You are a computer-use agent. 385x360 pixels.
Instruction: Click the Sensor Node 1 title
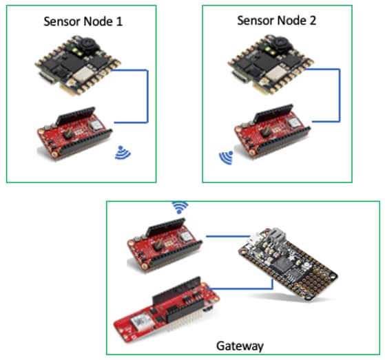[x=83, y=21]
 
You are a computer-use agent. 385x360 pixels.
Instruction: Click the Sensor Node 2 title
[x=276, y=21]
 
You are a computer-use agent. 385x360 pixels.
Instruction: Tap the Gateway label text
[x=240, y=346]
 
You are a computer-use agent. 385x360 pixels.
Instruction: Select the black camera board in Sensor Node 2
[x=271, y=64]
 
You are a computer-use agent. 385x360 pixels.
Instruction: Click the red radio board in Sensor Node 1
[x=75, y=133]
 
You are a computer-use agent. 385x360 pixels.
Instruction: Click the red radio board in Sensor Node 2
[x=272, y=131]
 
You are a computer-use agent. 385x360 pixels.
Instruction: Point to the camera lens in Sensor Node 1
[x=87, y=43]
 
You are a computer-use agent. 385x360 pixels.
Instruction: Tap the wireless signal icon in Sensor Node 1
[x=123, y=153]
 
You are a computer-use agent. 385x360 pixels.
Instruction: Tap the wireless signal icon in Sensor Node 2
[x=226, y=158]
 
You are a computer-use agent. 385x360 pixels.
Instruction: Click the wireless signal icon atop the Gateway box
[x=180, y=207]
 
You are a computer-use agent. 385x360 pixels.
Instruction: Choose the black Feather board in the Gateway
[x=288, y=264]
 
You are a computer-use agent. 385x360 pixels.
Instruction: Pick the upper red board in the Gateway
[x=165, y=246]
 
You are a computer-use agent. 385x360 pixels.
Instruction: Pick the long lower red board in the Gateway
[x=167, y=311]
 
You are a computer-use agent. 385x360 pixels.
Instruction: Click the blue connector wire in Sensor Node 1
[x=147, y=96]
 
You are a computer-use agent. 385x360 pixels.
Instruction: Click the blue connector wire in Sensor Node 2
[x=340, y=95]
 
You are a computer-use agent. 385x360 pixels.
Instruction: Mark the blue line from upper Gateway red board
[x=228, y=236]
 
